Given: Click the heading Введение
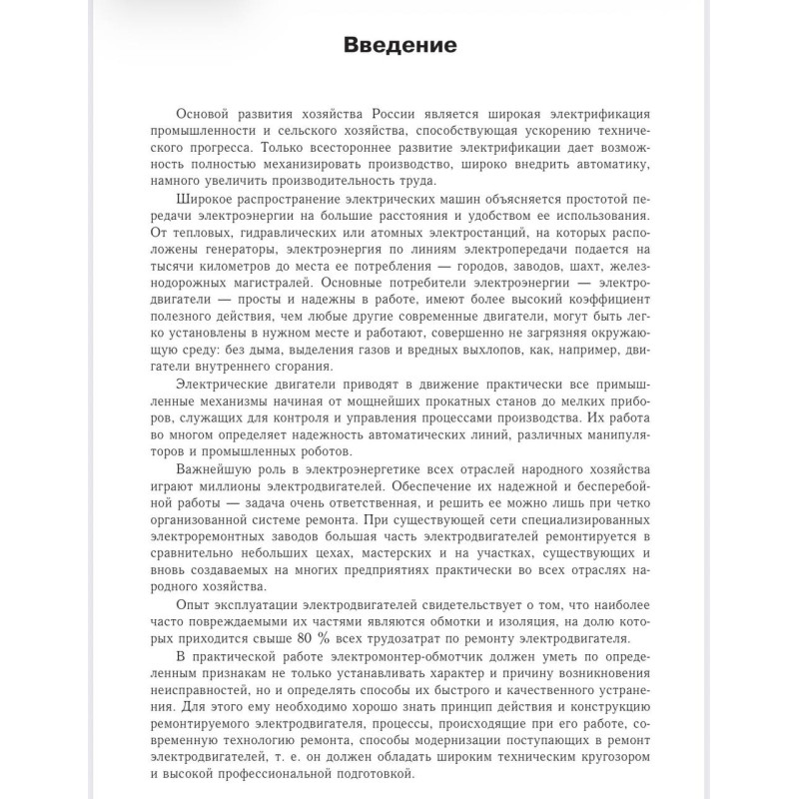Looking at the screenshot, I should (x=399, y=46).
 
